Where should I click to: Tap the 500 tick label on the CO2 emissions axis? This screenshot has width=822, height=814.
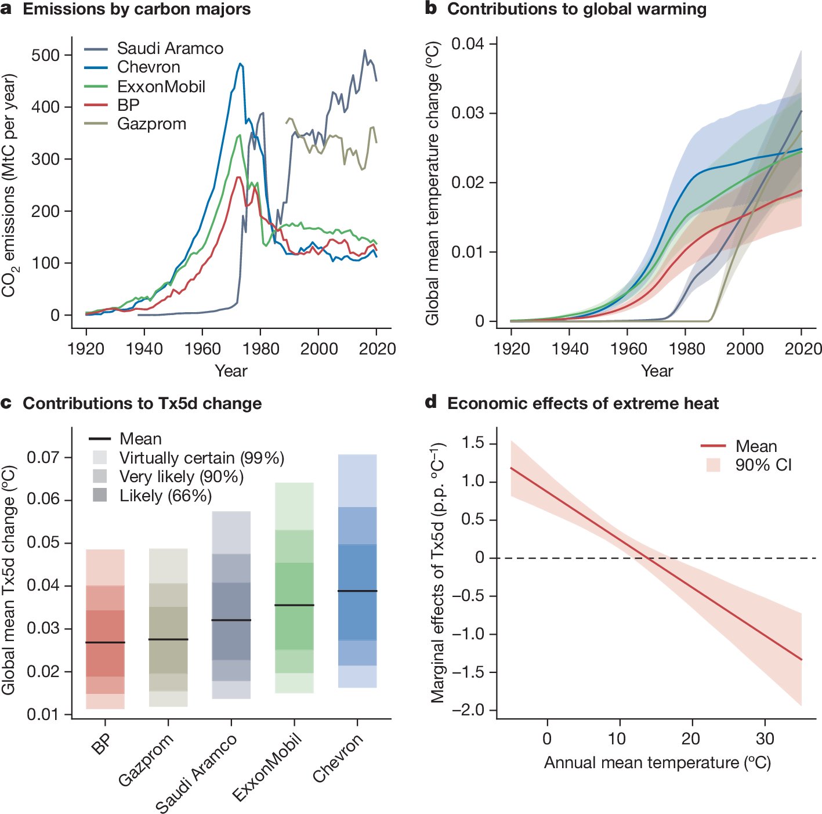click(46, 55)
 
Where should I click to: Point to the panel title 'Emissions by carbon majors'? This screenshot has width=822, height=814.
click(136, 9)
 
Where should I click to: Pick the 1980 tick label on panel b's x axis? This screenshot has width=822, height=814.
click(687, 349)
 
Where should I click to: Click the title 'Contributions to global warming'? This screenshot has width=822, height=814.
click(577, 9)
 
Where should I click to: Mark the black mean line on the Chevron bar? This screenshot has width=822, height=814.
click(357, 591)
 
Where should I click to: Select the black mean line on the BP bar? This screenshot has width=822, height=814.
click(105, 642)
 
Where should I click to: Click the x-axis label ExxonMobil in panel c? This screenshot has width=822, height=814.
click(267, 766)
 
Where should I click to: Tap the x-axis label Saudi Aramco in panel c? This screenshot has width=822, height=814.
click(197, 773)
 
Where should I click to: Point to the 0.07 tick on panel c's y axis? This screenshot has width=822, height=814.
click(43, 457)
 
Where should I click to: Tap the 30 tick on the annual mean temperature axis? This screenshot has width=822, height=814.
click(765, 739)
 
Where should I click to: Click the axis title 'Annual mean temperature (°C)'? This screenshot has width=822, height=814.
click(657, 762)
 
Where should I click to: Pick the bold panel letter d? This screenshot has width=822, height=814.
click(431, 403)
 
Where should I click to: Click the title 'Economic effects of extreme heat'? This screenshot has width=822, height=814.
click(582, 403)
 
